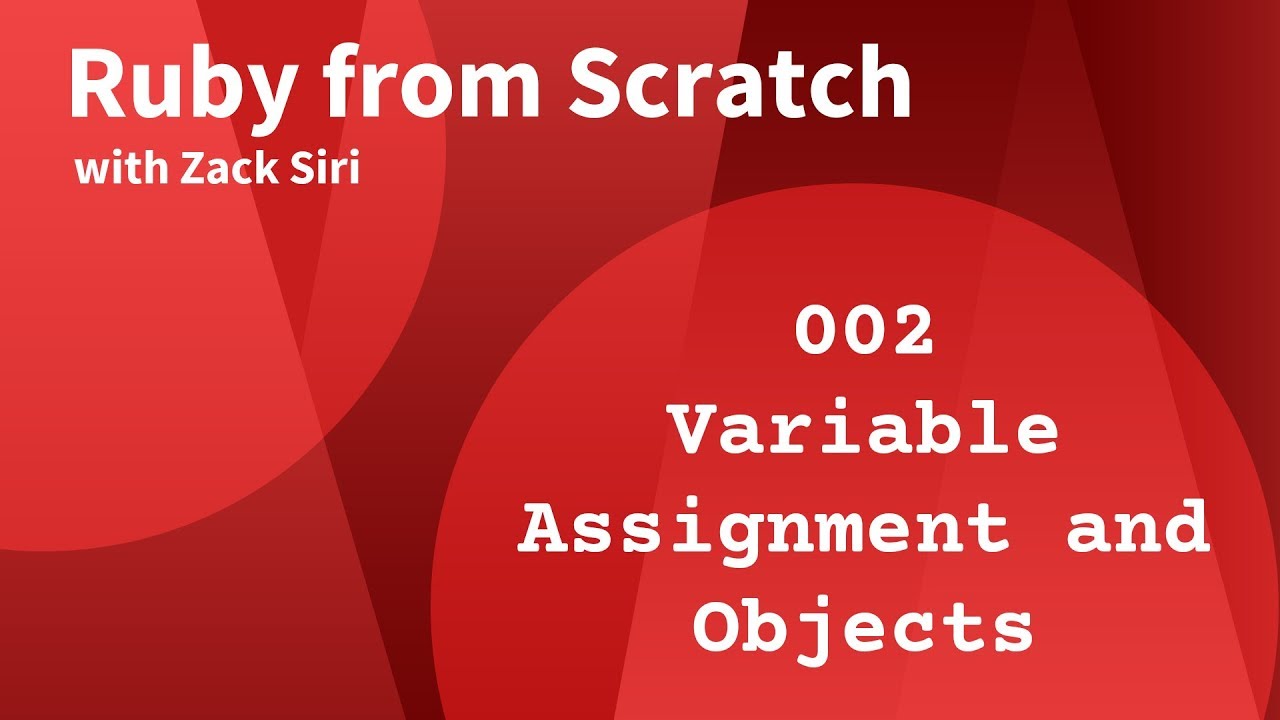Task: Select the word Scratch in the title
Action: pyautogui.click(x=740, y=86)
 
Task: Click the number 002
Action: pyautogui.click(x=864, y=333)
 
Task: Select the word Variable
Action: pyautogui.click(x=864, y=431)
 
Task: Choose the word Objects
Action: pyautogui.click(x=864, y=628)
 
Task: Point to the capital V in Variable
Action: pyautogui.click(x=696, y=431)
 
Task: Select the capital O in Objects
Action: pyautogui.click(x=721, y=627)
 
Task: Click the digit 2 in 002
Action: pyautogui.click(x=911, y=333)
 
